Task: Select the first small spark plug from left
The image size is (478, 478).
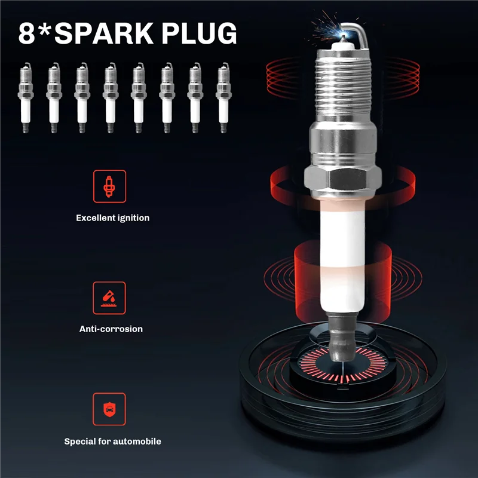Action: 24,98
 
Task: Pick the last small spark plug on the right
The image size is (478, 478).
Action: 223,98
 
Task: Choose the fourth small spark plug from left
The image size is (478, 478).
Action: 109,98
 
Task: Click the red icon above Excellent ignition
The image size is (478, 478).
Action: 109,186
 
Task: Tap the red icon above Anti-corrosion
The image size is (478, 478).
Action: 109,298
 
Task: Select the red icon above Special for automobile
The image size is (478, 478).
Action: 109,409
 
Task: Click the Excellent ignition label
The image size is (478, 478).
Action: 112,218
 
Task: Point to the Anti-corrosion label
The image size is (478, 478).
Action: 111,329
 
